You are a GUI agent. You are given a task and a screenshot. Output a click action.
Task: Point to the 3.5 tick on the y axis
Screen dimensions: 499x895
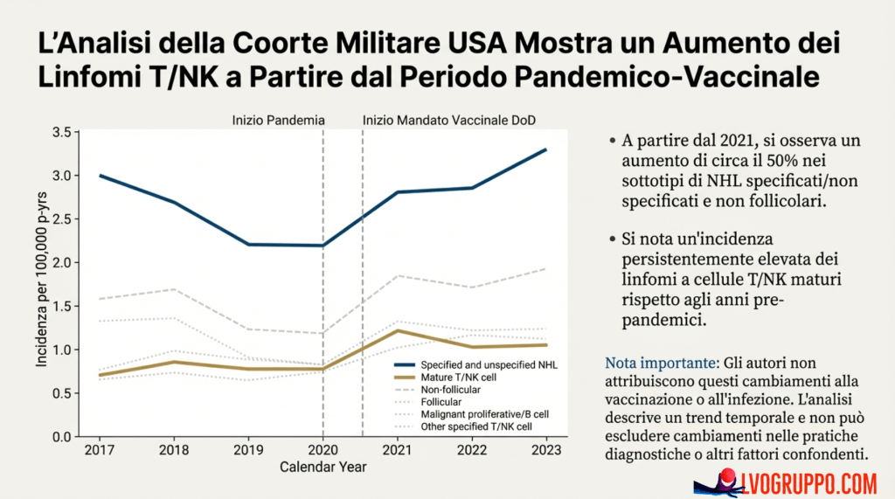(x=60, y=132)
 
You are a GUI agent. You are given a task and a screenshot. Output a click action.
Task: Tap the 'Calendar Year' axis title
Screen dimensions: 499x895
(x=323, y=467)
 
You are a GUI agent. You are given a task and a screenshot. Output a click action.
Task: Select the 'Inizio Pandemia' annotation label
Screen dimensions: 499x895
(x=278, y=119)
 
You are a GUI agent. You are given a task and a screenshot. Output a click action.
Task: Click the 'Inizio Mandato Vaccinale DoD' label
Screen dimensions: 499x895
(x=448, y=119)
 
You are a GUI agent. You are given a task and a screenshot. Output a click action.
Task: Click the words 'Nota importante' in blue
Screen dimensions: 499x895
(x=656, y=362)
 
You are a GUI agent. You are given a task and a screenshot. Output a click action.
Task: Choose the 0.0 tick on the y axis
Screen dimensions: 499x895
(x=60, y=436)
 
